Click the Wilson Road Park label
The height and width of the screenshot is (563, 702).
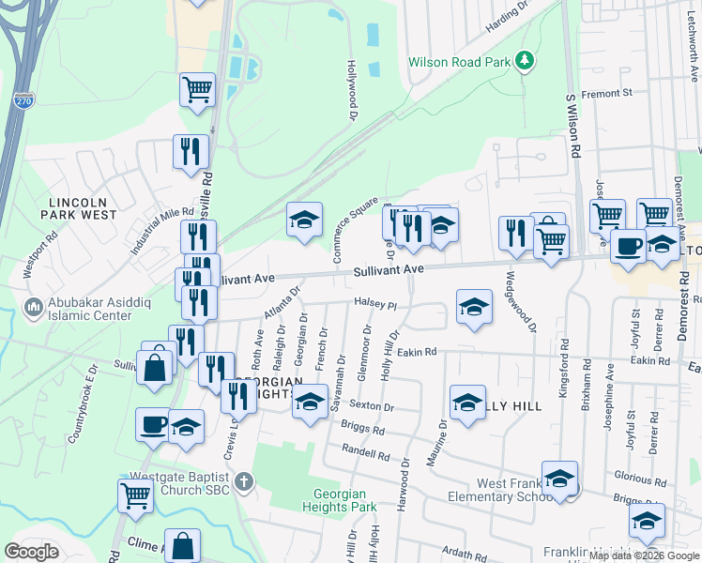click(459, 63)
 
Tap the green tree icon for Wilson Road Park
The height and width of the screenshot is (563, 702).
click(526, 62)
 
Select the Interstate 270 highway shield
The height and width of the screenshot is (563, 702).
click(23, 99)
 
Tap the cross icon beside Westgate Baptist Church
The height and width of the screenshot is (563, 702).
click(243, 483)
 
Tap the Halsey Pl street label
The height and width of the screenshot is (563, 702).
click(376, 304)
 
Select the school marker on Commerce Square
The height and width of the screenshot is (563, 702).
click(304, 221)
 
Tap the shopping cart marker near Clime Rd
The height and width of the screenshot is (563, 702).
click(136, 495)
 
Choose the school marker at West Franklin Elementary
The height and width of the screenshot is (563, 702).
click(559, 479)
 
